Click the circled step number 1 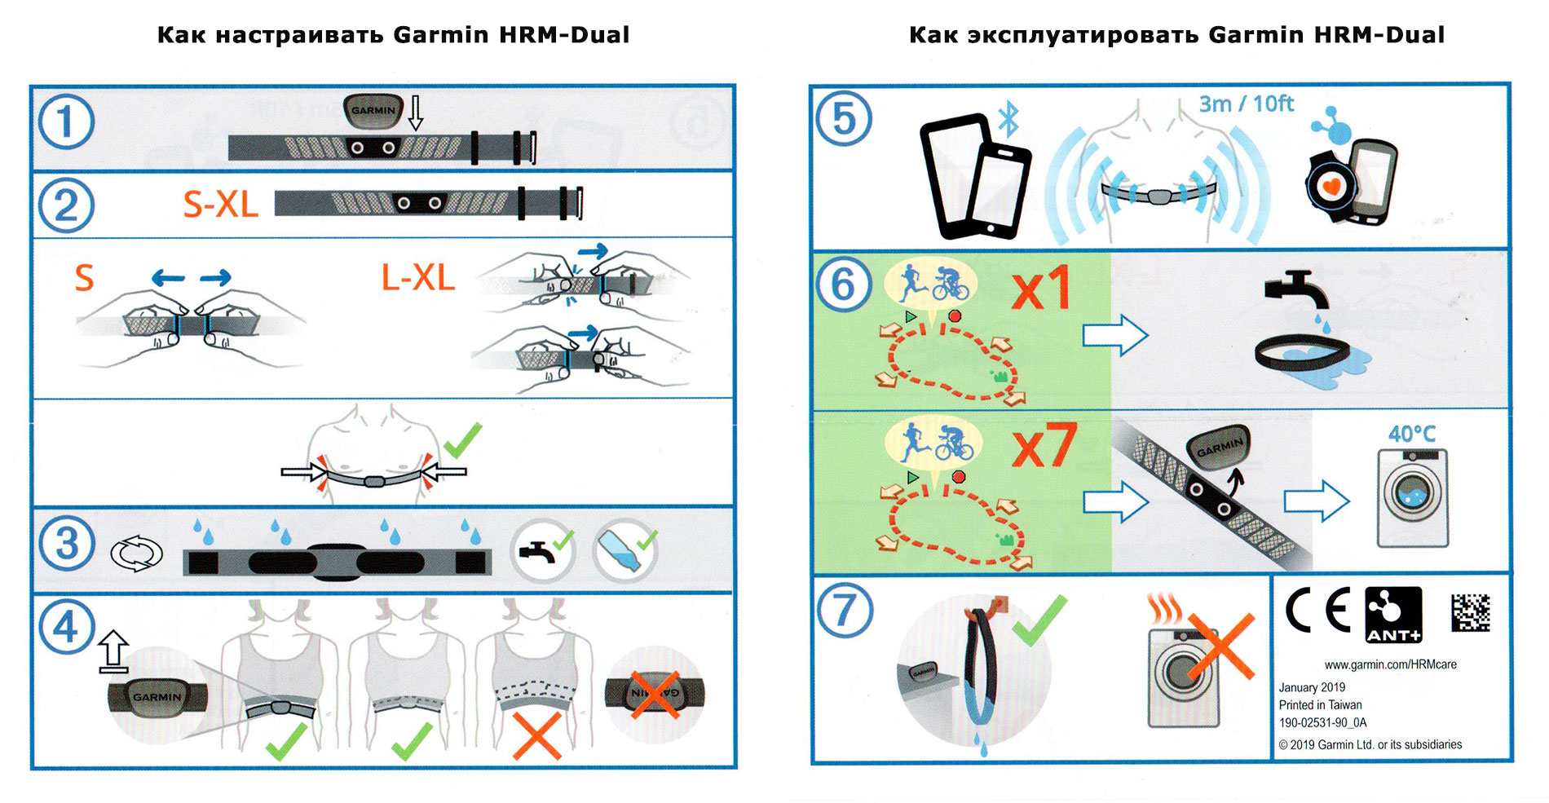click(66, 122)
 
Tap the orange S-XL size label click(220, 204)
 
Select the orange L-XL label click(418, 278)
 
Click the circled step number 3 click(66, 544)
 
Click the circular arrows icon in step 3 click(136, 554)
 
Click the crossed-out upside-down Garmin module click(655, 694)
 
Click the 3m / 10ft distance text click(1246, 104)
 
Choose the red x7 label click(1044, 446)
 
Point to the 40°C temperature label click(1412, 434)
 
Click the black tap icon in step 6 click(1295, 290)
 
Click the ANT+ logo click(1393, 615)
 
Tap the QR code click(1471, 612)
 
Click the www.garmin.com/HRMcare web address click(1390, 664)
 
